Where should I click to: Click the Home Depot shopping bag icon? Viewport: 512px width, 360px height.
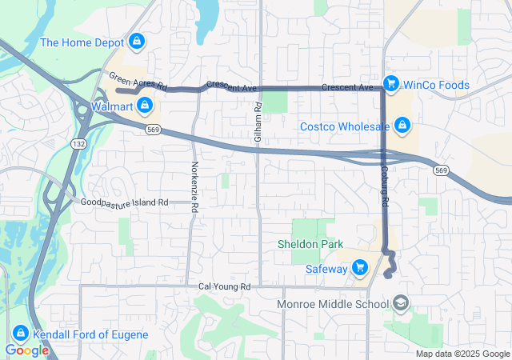137,41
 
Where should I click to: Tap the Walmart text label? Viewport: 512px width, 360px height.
111,106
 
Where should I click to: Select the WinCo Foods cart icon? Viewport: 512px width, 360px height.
391,83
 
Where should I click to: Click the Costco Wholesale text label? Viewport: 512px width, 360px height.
345,126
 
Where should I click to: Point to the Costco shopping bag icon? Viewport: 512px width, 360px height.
402,126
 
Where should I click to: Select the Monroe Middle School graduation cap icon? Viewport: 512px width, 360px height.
400,304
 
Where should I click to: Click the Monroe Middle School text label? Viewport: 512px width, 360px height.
332,304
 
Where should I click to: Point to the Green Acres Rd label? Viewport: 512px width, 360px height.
138,81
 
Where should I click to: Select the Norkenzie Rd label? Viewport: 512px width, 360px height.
194,186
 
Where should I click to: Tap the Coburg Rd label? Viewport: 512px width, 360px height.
385,190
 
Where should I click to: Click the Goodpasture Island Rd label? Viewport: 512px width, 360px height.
125,202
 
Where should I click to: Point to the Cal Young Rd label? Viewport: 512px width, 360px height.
225,286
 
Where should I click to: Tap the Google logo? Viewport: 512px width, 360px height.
26,350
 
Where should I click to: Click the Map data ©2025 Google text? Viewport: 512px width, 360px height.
462,354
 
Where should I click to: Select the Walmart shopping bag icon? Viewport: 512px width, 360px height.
144,105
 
